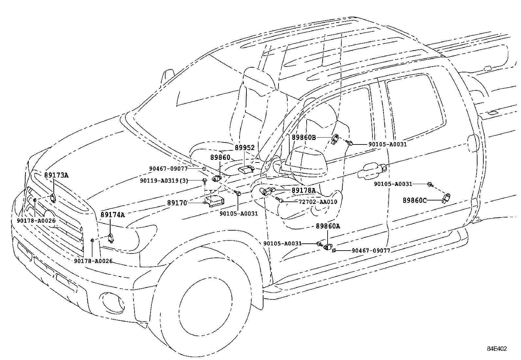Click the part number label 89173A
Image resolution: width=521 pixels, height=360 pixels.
56,175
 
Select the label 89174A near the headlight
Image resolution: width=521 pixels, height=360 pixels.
113,215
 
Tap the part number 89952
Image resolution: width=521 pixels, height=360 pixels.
244,148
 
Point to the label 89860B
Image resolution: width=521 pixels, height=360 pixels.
304,138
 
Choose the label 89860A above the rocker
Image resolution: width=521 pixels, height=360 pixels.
328,226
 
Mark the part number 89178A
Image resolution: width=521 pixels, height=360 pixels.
304,190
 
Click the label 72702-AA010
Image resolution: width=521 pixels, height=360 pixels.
318,202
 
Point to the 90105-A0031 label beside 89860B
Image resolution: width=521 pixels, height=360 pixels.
387,144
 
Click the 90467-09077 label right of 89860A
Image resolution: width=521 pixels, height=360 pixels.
371,251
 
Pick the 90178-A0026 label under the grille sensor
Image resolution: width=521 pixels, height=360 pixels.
36,221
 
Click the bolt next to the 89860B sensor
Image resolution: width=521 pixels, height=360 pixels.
350,143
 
